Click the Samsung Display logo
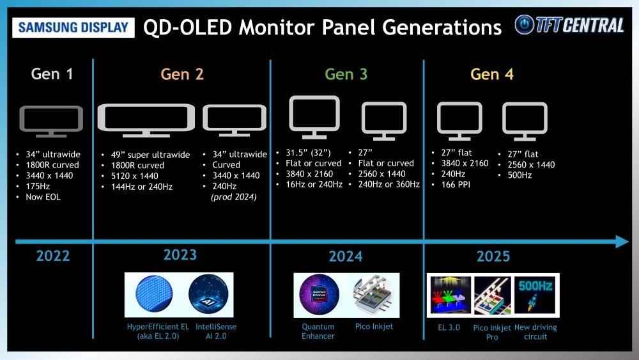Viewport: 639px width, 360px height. [73, 27]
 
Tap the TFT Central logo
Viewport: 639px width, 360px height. [569, 25]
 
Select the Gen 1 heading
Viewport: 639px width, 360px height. [52, 74]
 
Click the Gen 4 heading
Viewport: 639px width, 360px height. [492, 74]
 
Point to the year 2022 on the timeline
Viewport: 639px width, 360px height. [53, 256]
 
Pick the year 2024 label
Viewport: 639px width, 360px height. [346, 256]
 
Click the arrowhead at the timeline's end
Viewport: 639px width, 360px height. [622, 241]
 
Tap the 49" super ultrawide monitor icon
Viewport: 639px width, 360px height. [146, 120]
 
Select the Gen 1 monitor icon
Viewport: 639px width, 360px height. [51, 121]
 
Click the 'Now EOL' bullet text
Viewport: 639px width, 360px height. [43, 197]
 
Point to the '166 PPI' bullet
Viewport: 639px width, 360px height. [456, 184]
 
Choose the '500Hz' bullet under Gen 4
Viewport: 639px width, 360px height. [520, 175]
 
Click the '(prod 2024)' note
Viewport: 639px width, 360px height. [234, 197]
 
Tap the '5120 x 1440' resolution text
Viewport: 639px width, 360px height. [134, 176]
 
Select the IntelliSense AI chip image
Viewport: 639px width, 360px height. [208, 294]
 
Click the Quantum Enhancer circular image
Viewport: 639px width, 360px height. [319, 294]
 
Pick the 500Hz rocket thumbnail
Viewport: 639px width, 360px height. [535, 295]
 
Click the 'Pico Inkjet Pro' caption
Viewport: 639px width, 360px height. [492, 333]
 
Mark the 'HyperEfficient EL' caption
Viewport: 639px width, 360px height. [158, 327]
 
